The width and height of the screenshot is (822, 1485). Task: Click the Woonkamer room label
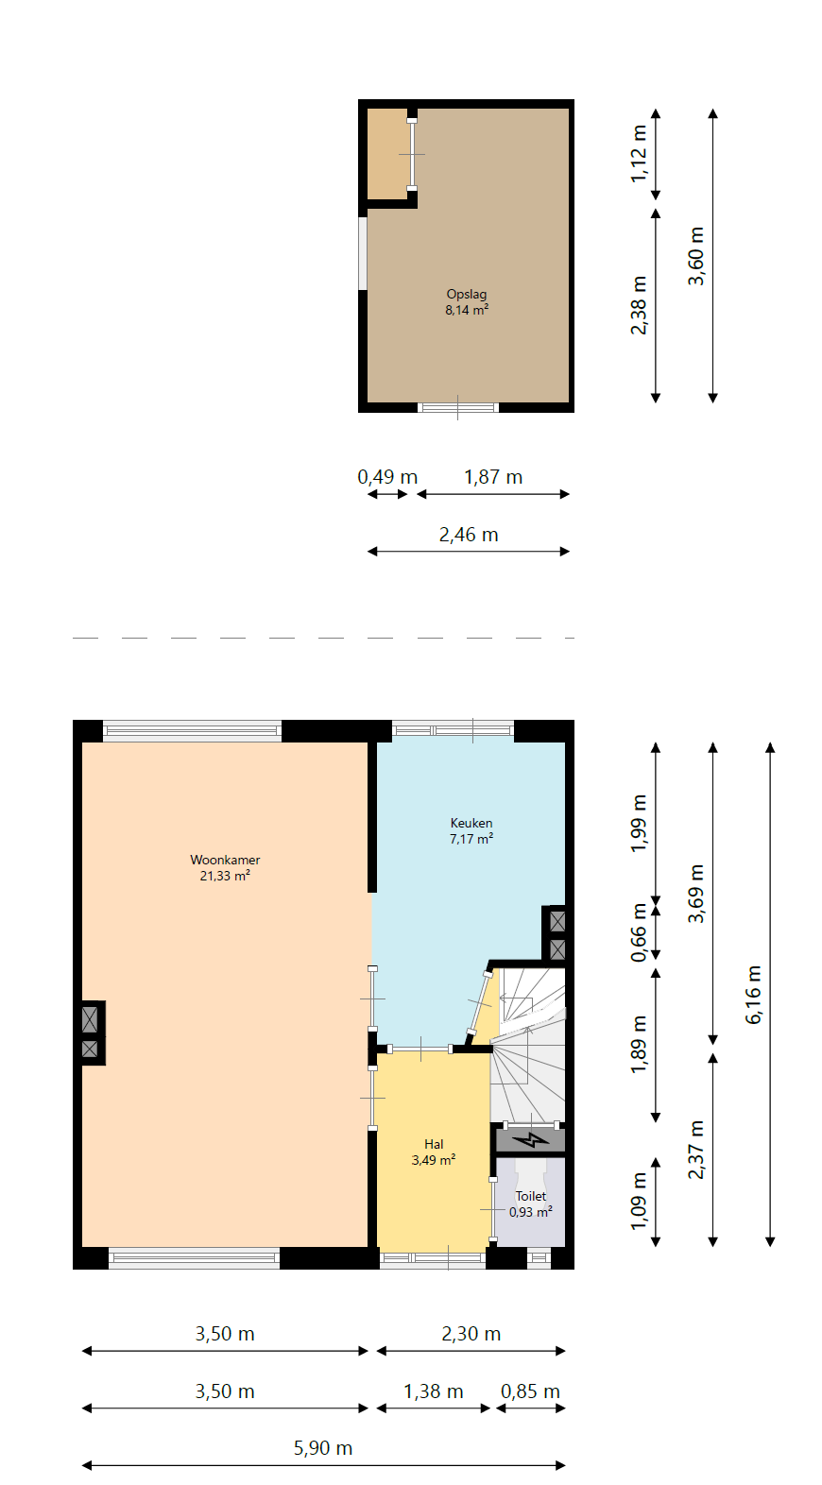point(225,860)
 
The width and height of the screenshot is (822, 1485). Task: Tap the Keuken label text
point(471,824)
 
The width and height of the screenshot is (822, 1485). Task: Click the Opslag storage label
point(467,295)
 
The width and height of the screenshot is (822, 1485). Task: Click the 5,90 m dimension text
point(323,1448)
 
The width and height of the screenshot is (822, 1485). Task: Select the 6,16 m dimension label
point(753,995)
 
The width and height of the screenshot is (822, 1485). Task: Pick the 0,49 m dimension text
point(387,477)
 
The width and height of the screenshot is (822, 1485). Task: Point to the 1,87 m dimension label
point(493,477)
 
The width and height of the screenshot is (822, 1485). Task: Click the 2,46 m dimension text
point(469,535)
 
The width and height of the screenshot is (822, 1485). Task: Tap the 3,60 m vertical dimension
point(696,257)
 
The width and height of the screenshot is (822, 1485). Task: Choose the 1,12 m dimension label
point(639,154)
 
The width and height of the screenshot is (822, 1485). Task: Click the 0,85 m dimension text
point(530,1391)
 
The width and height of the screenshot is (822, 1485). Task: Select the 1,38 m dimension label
point(434,1391)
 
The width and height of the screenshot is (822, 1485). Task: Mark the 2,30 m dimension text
point(471,1334)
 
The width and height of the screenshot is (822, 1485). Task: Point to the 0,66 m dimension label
point(639,932)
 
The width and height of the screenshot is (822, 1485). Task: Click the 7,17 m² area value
point(471,839)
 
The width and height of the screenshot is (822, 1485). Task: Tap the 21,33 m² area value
point(225,876)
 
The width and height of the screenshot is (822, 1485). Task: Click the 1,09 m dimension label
point(639,1202)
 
